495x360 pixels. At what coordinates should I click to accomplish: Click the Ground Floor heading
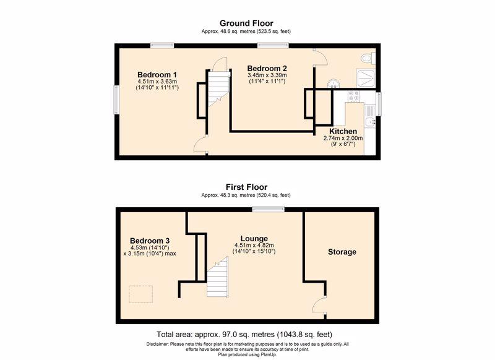coord(246,24)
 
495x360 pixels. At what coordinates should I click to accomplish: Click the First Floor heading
coord(246,187)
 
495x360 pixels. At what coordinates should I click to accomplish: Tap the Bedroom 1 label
coord(157,75)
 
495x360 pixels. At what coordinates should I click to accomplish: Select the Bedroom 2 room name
coord(267,69)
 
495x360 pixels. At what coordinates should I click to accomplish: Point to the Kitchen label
coord(343,131)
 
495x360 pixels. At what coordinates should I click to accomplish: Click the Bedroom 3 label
coord(150,241)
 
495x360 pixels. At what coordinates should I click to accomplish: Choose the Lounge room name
coord(254,239)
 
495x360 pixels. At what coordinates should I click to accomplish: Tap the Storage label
coord(342,252)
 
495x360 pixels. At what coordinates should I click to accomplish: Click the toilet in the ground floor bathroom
coord(368,58)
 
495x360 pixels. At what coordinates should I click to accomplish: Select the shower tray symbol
coord(366,77)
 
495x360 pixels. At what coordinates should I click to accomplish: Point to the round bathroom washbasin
coord(333,84)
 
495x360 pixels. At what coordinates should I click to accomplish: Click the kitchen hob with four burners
coord(354,96)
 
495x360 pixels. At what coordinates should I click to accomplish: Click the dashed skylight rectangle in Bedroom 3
coord(141,294)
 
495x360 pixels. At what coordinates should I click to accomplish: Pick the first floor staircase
coord(218,276)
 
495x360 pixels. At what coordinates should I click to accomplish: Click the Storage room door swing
coord(319,304)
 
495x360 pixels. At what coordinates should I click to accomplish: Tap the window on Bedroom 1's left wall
coord(116,100)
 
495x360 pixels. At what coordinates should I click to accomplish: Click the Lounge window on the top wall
coord(269,209)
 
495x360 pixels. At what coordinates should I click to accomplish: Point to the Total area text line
coord(244,335)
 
